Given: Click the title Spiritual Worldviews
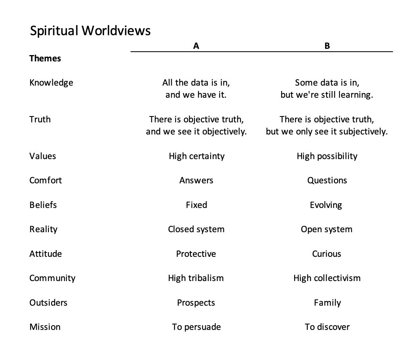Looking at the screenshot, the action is click(90, 31).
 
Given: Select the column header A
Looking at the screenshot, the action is click(196, 46).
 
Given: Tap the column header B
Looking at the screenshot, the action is click(327, 46).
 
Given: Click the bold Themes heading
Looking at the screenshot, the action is click(45, 59).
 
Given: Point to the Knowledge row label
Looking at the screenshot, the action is click(51, 83).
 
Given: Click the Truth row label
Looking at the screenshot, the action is click(40, 119).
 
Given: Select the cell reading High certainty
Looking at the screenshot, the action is click(196, 156).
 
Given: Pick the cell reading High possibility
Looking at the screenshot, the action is click(327, 156).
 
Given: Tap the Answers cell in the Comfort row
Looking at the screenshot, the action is click(196, 181).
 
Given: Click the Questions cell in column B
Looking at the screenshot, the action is click(327, 181).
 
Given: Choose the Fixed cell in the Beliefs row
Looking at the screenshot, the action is click(196, 205).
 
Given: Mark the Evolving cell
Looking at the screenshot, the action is click(326, 205).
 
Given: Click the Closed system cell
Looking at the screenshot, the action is click(196, 229).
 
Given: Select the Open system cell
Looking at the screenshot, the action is click(327, 229).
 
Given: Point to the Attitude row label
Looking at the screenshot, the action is click(45, 254).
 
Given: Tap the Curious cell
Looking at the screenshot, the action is click(327, 254).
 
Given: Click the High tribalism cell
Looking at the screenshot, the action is click(196, 278).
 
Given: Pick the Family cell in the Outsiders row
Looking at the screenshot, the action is click(327, 303).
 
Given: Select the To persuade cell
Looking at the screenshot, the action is click(196, 327).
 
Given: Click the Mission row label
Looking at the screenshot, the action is click(45, 327).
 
